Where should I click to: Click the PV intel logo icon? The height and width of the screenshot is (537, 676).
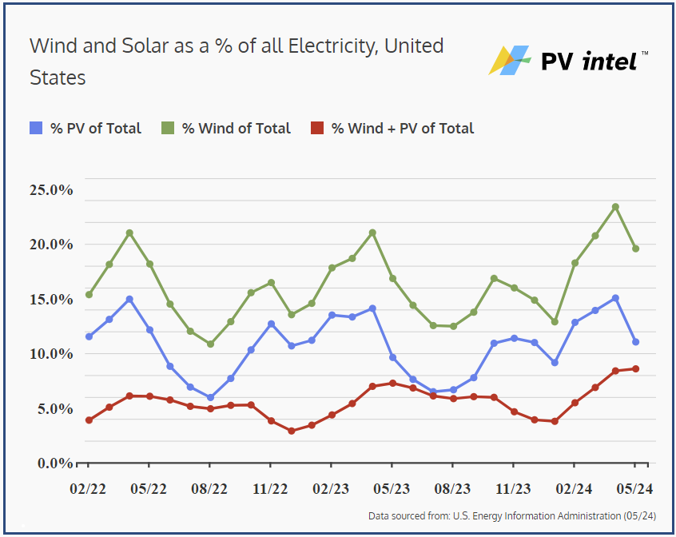coord(510,60)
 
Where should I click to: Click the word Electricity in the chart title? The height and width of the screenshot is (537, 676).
coord(328,46)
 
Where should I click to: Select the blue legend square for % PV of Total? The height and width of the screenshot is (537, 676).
coord(36,128)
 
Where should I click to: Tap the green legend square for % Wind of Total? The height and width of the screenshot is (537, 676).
coord(169,128)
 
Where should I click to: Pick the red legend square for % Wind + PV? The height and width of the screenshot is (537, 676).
coord(317,128)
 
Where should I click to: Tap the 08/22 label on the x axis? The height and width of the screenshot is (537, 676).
coord(210,489)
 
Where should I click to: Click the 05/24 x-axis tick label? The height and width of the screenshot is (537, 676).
coord(635,489)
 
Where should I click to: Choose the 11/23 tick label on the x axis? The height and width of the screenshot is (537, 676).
coord(514,489)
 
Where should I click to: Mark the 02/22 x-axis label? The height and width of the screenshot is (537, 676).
coord(89,489)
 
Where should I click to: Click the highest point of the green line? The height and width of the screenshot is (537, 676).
coord(615,207)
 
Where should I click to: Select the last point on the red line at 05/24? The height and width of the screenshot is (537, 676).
coord(636,368)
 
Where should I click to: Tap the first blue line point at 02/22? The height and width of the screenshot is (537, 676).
coord(89,336)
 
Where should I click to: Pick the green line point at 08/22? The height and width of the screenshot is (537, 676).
coord(210,344)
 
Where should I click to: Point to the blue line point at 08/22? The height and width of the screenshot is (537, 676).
coord(210,397)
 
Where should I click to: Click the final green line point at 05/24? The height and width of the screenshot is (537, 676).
coord(636,249)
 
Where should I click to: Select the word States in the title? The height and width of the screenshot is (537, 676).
coord(58,78)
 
